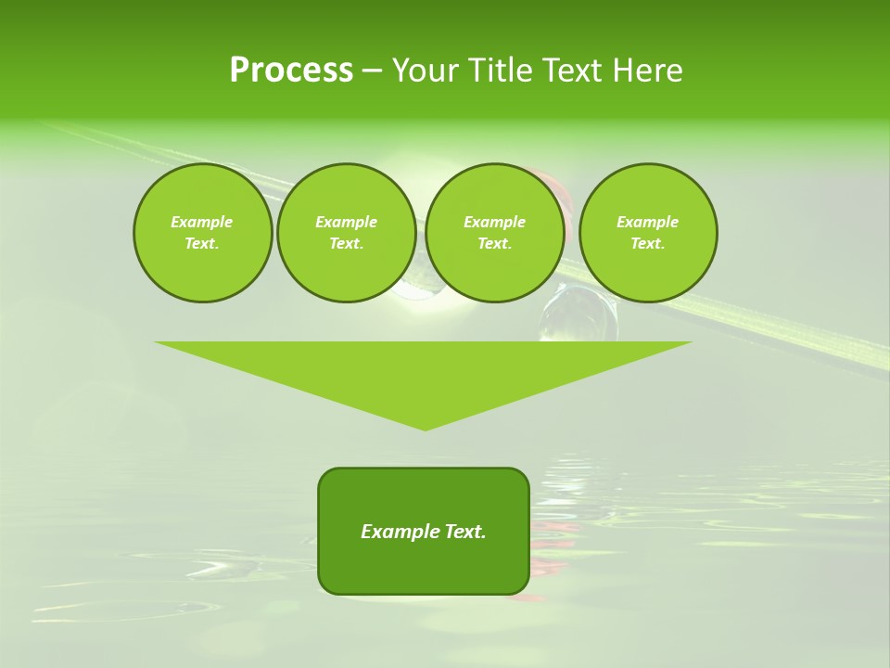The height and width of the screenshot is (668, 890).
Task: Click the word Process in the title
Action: point(291,71)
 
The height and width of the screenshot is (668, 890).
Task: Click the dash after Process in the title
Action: point(372,71)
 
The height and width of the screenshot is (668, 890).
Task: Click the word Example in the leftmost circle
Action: point(202,222)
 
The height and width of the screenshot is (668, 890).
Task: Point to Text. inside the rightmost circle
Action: point(648,244)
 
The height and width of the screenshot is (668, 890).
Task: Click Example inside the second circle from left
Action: point(346,222)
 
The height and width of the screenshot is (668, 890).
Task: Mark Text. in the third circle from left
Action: point(494,244)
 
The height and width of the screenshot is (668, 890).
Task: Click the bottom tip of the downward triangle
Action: point(426,429)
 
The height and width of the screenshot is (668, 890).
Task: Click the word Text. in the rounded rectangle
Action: point(464,532)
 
